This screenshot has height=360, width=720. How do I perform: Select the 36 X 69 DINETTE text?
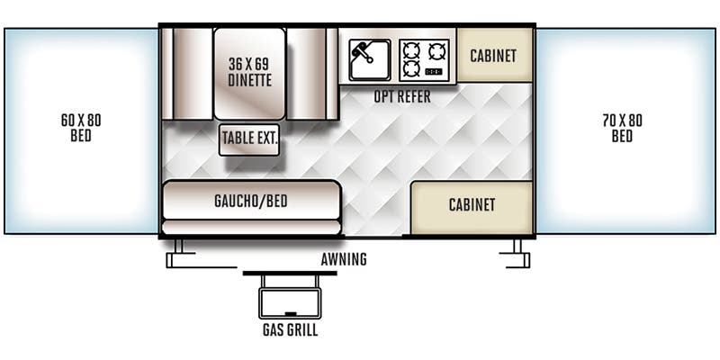click(x=249, y=72)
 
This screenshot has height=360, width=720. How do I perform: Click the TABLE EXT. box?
click(x=249, y=139)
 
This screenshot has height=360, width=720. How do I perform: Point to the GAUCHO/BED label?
click(x=251, y=200)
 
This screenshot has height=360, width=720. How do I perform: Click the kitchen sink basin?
click(x=369, y=59)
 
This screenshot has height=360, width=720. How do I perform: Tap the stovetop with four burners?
click(x=424, y=59)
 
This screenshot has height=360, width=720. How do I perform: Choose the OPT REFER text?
click(x=401, y=96)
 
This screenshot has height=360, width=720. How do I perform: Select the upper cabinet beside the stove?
click(x=493, y=56)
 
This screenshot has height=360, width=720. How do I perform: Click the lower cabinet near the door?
click(x=472, y=205)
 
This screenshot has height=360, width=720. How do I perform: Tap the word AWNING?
click(x=344, y=260)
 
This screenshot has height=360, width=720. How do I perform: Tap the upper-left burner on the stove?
click(x=411, y=49)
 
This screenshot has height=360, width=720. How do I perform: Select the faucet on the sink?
click(x=361, y=49)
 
